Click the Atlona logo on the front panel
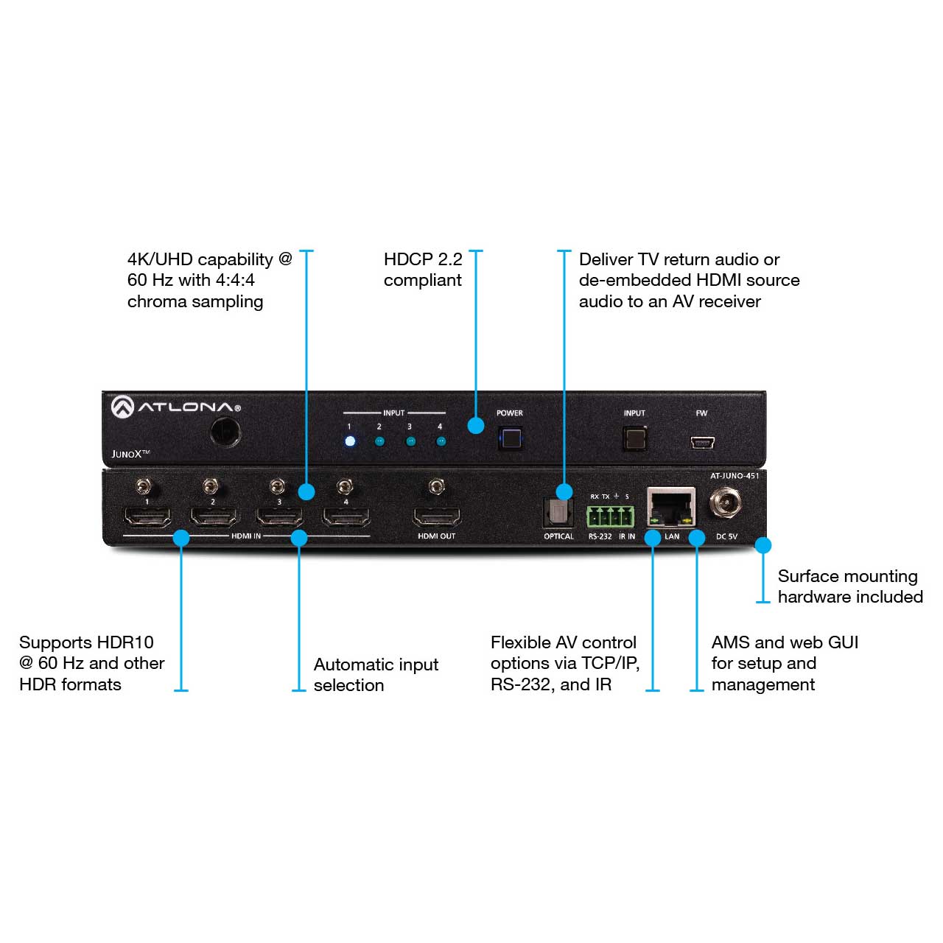[175, 407]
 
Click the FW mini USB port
[702, 443]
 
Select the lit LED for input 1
[350, 441]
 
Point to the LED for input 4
[441, 441]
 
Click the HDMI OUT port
[437, 516]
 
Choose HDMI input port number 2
[214, 516]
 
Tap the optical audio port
[558, 512]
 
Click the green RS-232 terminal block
[610, 516]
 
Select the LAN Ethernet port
[671, 507]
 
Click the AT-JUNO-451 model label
[735, 476]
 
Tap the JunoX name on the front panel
[130, 454]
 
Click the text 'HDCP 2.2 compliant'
[423, 270]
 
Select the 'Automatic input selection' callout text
[376, 675]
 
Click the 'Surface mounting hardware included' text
[850, 586]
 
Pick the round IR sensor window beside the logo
[225, 432]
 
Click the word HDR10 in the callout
[126, 642]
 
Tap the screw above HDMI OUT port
[436, 487]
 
